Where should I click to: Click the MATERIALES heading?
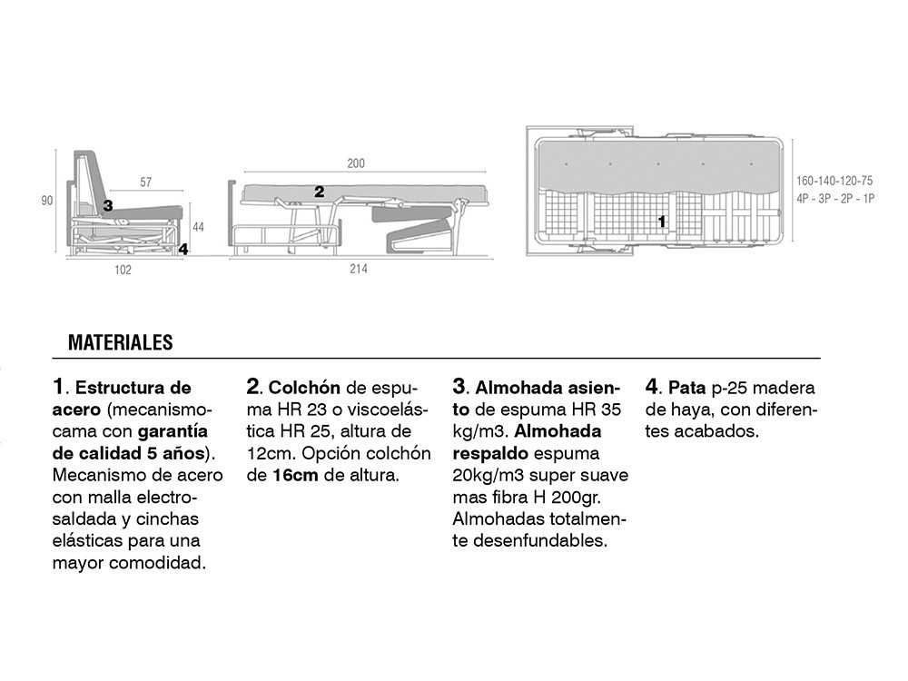[x=120, y=343]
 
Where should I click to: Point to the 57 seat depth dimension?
[x=146, y=183]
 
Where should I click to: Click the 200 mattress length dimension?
[x=356, y=163]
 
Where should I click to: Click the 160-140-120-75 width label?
[x=834, y=181]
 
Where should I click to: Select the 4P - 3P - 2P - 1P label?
[x=834, y=198]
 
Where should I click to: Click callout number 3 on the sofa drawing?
[x=108, y=206]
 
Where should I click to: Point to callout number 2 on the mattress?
[x=319, y=192]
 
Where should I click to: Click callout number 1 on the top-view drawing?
[x=661, y=221]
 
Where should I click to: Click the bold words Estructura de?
[x=133, y=388]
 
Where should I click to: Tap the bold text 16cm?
[x=295, y=475]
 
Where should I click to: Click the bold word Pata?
[x=687, y=388]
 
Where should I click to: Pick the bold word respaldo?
[x=490, y=453]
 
